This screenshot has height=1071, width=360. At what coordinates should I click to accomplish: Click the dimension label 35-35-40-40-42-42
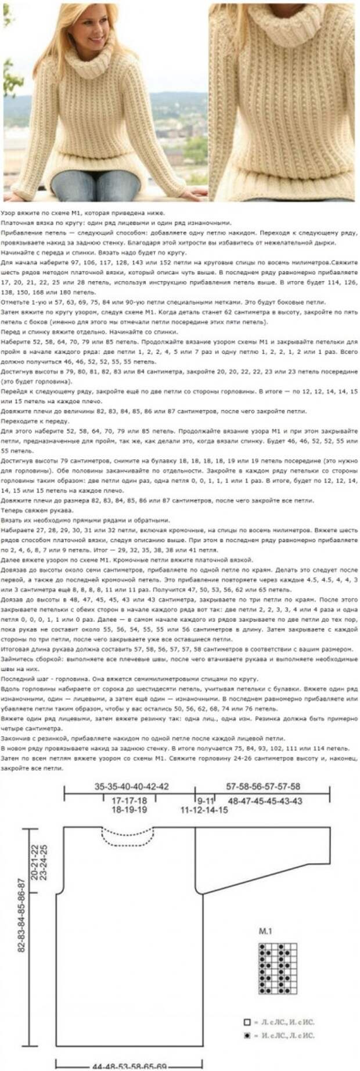tap(131, 787)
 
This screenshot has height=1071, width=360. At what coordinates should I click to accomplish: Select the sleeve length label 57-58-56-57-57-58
tap(263, 787)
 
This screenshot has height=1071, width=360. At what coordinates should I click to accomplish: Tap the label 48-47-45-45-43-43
tap(265, 800)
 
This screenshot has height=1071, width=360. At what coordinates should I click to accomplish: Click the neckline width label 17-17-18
tap(129, 800)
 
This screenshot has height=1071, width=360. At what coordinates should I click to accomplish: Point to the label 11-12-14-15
tap(204, 809)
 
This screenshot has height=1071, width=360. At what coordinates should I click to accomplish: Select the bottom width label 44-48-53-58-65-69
tap(129, 1066)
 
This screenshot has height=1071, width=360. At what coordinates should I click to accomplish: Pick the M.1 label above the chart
tap(265, 931)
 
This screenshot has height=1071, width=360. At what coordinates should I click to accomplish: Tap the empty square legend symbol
tap(247, 1022)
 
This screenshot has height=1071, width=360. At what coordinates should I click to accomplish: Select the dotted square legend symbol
tap(247, 1035)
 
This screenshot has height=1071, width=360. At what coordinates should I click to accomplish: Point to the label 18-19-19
tap(129, 809)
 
